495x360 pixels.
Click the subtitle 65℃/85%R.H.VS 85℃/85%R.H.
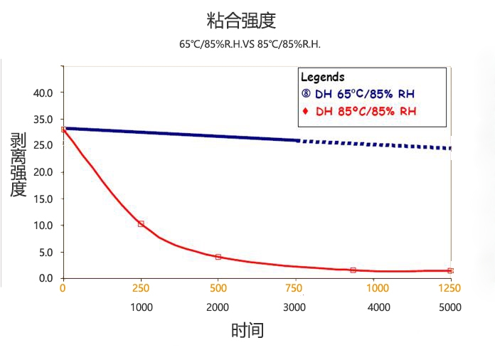coord(250,44)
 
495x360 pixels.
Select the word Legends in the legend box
coord(322,77)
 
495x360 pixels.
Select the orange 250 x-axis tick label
coord(141,288)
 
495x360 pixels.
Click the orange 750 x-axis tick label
coord(294,288)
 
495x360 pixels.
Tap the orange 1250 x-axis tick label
coord(449,288)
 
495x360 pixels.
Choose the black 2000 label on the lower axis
coord(218,307)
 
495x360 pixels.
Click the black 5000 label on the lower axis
coord(449,307)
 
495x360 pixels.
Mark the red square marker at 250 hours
coord(141,223)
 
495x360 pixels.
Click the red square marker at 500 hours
coord(218,257)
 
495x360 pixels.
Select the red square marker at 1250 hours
coord(449,270)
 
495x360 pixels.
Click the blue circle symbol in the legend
coord(306,94)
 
